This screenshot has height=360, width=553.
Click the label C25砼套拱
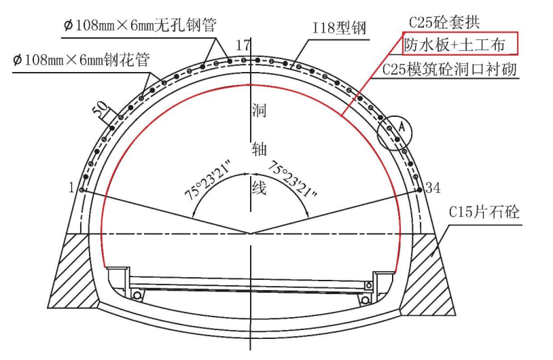[444, 22]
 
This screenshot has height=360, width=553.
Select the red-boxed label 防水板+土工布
[454, 45]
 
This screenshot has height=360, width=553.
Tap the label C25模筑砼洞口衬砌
[449, 69]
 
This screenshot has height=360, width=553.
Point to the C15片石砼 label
[484, 212]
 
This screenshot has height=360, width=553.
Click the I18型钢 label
[339, 27]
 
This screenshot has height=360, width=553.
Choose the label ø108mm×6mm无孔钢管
[140, 25]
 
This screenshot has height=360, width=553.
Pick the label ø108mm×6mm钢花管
[82, 60]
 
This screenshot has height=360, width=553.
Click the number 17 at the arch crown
[243, 45]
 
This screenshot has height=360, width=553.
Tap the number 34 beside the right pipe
[433, 188]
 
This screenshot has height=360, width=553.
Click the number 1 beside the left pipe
[71, 187]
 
